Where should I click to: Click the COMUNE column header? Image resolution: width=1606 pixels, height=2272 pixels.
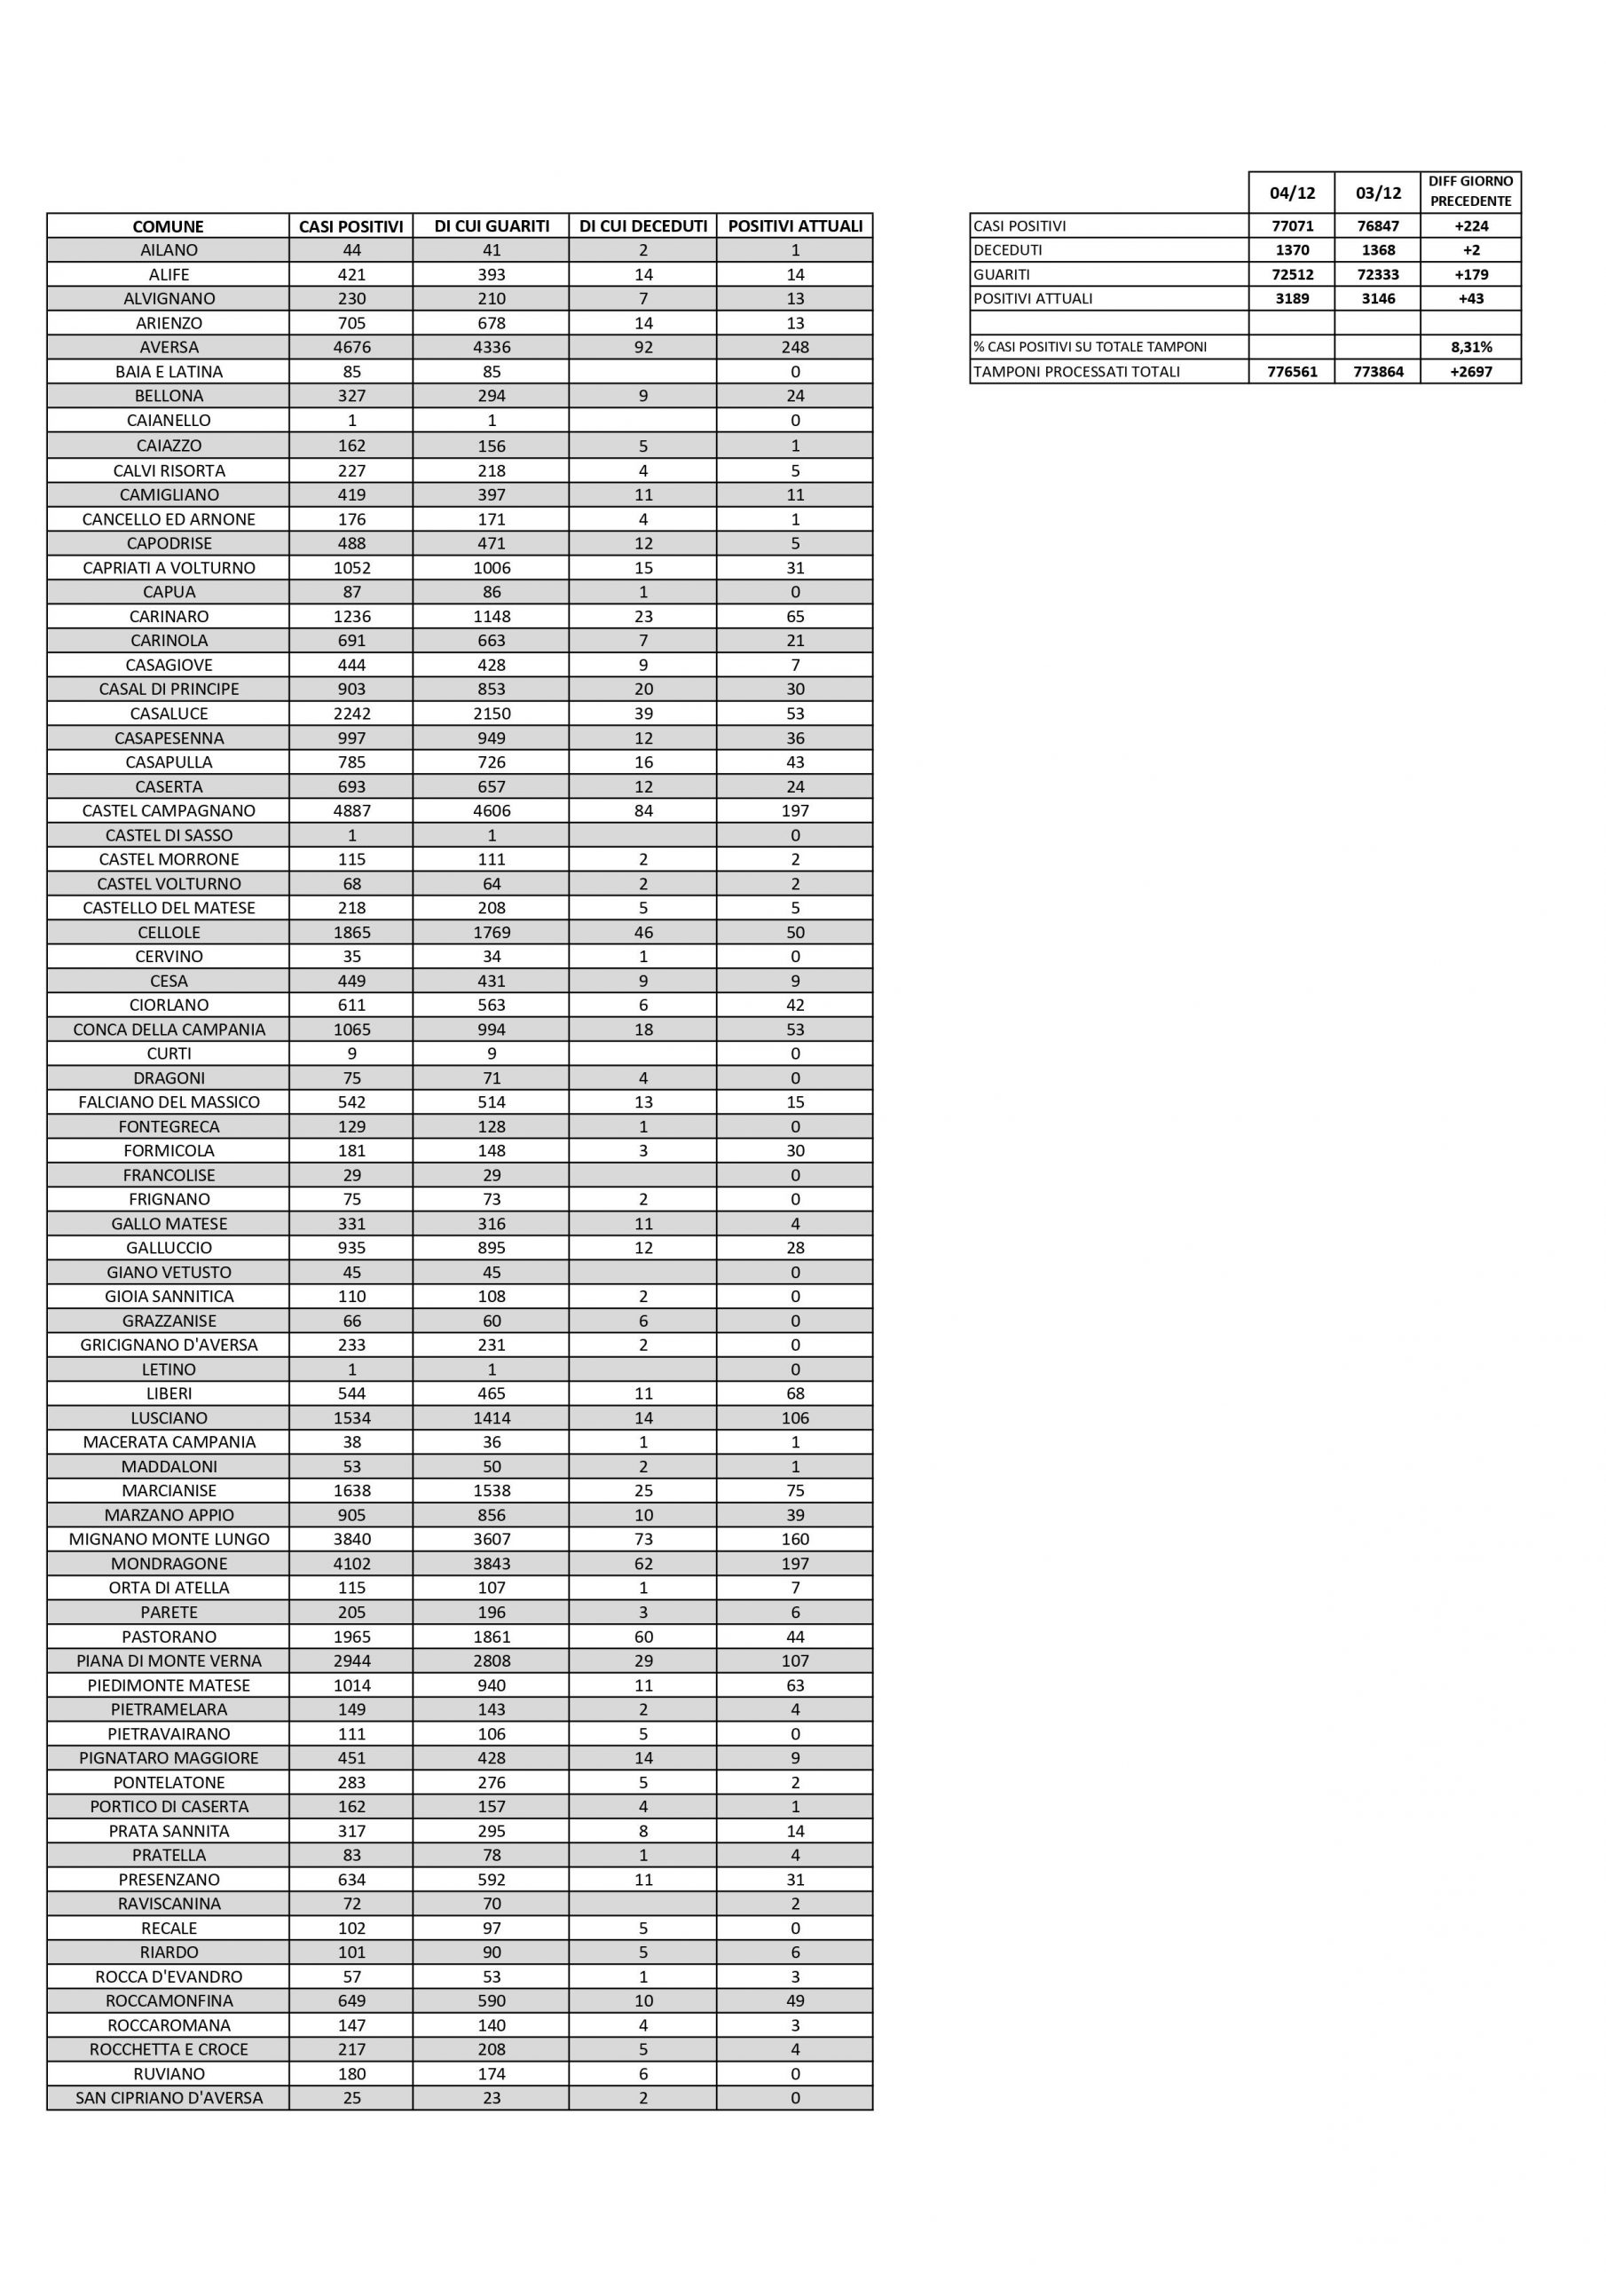click(x=169, y=226)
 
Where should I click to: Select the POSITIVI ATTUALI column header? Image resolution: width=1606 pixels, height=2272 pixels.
click(x=795, y=226)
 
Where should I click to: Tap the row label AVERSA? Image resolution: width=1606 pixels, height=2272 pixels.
click(x=169, y=347)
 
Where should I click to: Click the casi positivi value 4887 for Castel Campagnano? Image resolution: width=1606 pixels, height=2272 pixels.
click(x=351, y=810)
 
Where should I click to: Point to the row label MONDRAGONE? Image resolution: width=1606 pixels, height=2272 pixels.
click(x=169, y=1564)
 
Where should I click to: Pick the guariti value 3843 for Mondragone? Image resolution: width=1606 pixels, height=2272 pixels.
click(x=491, y=1564)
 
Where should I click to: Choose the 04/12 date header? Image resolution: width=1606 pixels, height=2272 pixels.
click(x=1291, y=193)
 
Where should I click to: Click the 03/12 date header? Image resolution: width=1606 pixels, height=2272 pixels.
click(x=1377, y=193)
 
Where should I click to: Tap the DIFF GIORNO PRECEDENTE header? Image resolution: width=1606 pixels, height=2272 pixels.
click(x=1470, y=191)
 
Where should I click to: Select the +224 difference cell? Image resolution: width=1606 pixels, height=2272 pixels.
click(x=1470, y=225)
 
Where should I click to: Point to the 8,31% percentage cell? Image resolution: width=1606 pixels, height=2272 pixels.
click(x=1470, y=347)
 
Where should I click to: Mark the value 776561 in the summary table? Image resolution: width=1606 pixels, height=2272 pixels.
click(x=1291, y=372)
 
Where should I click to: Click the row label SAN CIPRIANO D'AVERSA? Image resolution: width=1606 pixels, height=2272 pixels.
click(x=169, y=2098)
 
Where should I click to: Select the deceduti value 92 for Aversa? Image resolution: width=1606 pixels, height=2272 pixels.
click(x=643, y=347)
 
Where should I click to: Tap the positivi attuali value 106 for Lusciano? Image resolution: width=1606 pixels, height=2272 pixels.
click(x=795, y=1418)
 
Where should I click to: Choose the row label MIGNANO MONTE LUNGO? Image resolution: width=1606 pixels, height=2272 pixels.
click(x=169, y=1539)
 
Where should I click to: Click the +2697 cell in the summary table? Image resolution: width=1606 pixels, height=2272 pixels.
click(x=1470, y=372)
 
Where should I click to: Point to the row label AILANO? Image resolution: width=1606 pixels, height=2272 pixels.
click(x=169, y=250)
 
